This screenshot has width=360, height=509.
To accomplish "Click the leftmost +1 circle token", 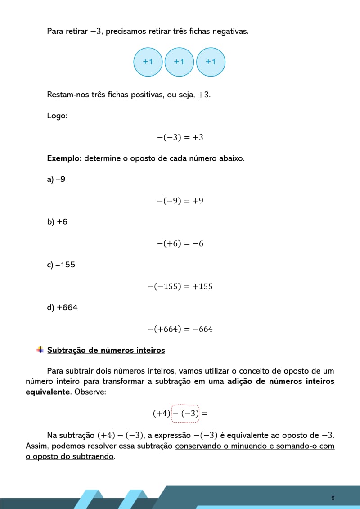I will coord(148,62).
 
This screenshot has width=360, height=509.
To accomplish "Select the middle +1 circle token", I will coord(179,62).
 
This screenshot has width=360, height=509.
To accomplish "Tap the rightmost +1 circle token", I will coord(211,62).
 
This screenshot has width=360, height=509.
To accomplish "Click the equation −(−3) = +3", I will coord(180,137).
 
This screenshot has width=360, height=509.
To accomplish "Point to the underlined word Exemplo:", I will coord(64,158).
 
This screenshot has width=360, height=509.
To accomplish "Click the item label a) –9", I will coord(56,180).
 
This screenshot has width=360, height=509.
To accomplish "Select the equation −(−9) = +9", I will coord(180,201).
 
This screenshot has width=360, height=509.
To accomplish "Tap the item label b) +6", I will coord(57,222).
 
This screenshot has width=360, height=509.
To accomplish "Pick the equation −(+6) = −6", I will coord(180,243).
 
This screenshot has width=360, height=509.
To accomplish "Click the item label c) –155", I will coord(61,265).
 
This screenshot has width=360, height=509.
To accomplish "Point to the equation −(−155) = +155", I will coord(180,286).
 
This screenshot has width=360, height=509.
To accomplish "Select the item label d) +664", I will coord(63,307).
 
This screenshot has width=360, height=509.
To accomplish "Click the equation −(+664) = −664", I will coord(180,329).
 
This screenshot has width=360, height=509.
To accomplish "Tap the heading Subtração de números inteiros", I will coord(106,350).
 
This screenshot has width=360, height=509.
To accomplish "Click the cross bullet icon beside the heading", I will coord(40,349).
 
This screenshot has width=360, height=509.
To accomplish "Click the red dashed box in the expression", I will coord(185,413).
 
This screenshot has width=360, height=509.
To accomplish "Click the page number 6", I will coord(333,498).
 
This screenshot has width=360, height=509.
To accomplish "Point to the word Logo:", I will coord(57,116).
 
